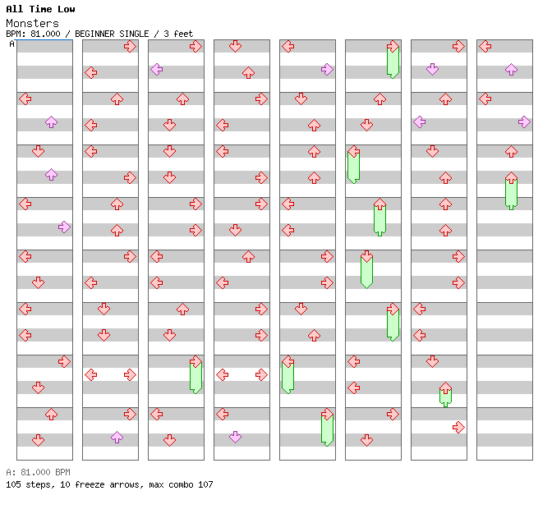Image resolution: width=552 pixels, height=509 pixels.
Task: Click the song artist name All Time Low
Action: click(x=40, y=9)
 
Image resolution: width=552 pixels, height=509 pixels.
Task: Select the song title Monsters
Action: click(x=32, y=23)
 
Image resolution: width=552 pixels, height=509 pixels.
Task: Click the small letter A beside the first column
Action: click(x=11, y=44)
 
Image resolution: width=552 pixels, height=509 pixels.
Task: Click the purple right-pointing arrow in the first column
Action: click(x=64, y=227)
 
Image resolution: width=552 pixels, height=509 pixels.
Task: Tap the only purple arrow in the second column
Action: click(x=117, y=437)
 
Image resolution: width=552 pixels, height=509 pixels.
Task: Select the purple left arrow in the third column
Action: click(x=156, y=69)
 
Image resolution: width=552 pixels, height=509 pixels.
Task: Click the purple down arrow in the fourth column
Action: click(x=235, y=437)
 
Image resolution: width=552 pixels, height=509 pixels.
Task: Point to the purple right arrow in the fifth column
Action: click(x=327, y=69)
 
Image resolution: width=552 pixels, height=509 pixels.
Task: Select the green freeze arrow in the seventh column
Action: click(x=445, y=394)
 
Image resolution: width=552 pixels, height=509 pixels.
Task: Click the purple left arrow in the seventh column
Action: click(x=419, y=122)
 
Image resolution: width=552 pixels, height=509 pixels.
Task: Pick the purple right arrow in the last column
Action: click(x=524, y=122)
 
